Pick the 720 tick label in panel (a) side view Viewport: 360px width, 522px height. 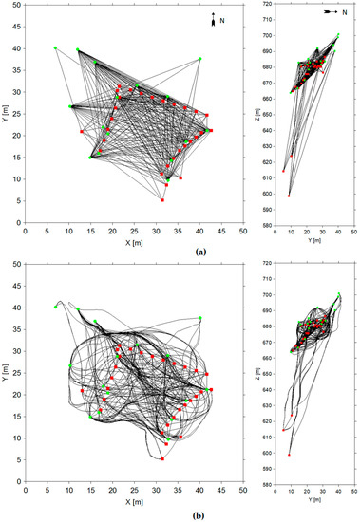268,5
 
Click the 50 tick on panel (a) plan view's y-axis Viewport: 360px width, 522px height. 17,5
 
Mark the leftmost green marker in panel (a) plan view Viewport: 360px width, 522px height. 55,47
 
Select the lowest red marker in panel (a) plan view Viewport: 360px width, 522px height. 162,200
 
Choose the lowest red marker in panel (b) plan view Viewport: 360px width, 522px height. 162,459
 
